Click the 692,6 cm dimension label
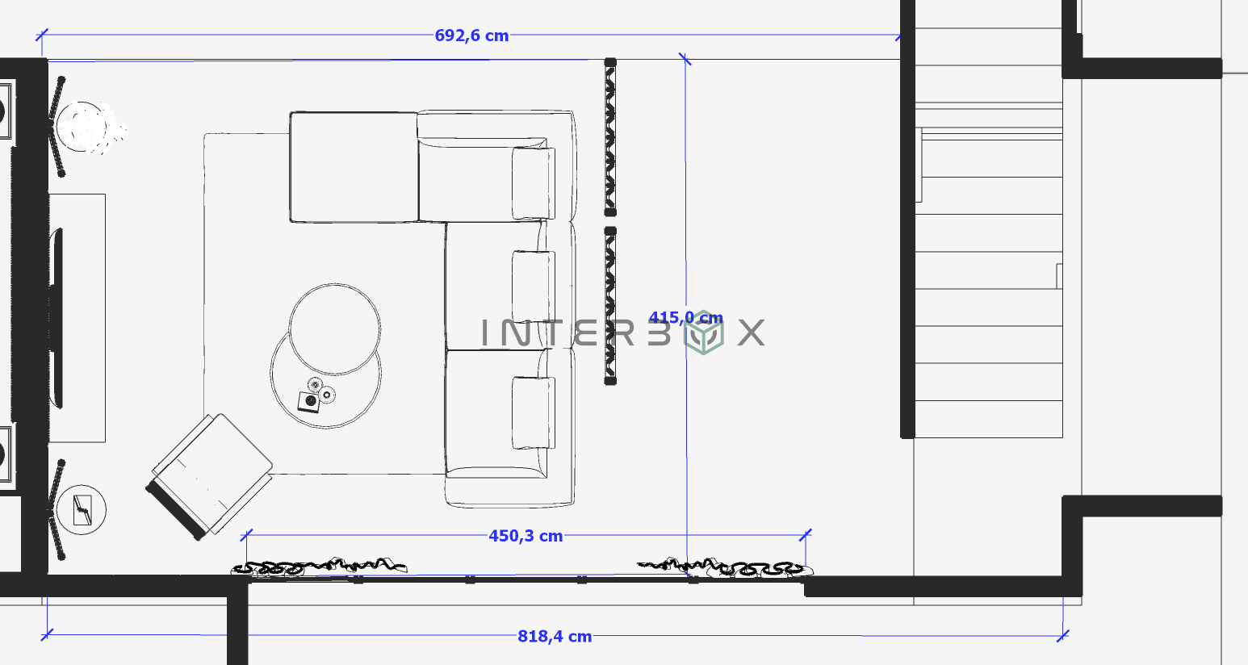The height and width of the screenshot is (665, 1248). point(471,36)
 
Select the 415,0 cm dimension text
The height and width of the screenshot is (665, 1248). point(685,317)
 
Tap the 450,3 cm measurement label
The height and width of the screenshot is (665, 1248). point(526,536)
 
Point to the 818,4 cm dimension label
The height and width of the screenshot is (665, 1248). point(555,637)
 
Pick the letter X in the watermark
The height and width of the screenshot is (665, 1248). point(751,332)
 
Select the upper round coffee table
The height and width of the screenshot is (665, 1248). point(335,328)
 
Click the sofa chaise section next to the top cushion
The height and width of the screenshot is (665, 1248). point(354,167)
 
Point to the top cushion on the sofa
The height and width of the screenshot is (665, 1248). point(533,183)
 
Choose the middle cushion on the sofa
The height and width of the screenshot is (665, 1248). point(533,287)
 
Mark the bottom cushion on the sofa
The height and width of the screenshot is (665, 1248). point(533,412)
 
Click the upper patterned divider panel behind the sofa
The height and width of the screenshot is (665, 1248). point(610,137)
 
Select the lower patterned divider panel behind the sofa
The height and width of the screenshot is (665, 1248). point(610,305)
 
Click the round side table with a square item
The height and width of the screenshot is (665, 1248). point(82,510)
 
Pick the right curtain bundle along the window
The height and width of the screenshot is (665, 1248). point(725,567)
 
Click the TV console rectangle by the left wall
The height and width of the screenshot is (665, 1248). point(77,318)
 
